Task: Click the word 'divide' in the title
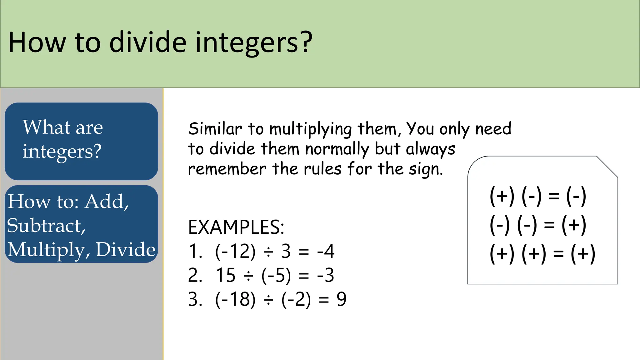[x=148, y=42]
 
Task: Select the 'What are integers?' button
[x=81, y=141]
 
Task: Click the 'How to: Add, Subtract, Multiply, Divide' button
[x=81, y=224]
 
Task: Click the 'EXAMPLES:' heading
[x=236, y=227]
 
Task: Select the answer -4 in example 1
[x=326, y=251]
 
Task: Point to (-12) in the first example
[x=235, y=251]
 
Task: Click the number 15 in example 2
[x=225, y=275]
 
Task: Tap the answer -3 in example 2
[x=326, y=275]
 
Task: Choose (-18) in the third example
[x=235, y=299]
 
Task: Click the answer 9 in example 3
[x=341, y=299]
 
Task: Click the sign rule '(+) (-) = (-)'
[x=537, y=196]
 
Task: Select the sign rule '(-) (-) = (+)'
[x=537, y=225]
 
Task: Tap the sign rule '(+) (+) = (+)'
[x=542, y=253]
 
